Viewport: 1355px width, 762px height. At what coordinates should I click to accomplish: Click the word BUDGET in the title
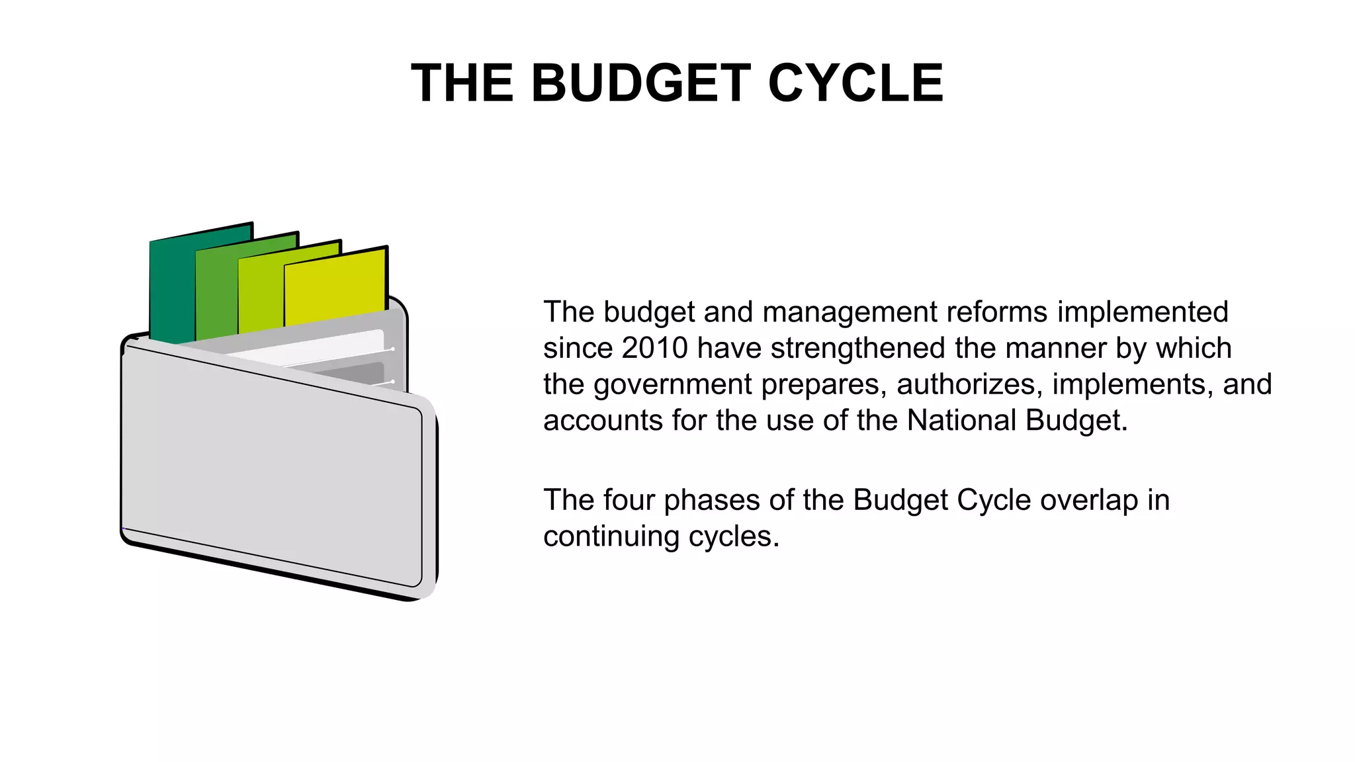pos(640,83)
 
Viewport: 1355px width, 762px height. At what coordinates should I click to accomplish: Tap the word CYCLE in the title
pos(855,83)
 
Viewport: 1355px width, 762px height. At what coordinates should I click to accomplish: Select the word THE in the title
pos(462,83)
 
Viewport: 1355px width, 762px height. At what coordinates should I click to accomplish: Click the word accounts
pos(602,421)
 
